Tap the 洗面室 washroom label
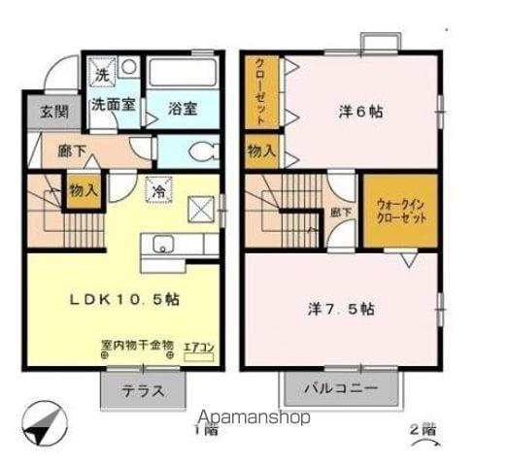113,106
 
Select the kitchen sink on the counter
160,244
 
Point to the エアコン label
198,345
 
